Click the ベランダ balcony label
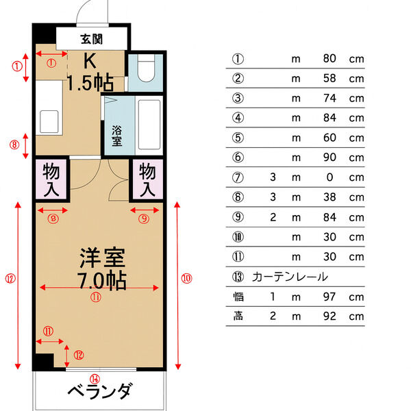[99, 393]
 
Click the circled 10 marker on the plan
[186, 278]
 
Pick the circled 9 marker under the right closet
[143, 219]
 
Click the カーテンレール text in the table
[290, 277]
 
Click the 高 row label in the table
[238, 316]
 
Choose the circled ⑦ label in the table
[238, 177]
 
